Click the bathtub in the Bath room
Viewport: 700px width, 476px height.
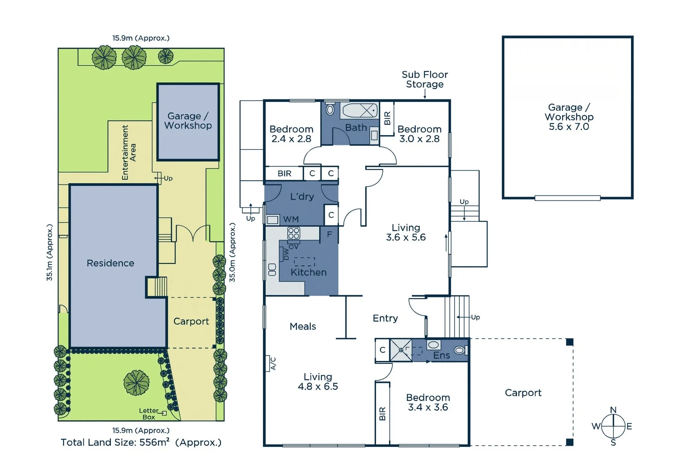point(360,110)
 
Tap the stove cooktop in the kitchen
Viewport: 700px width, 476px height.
point(294,233)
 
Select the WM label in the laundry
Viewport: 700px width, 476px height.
point(291,219)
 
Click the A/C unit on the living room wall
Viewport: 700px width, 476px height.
point(268,364)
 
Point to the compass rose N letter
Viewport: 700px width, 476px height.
point(613,410)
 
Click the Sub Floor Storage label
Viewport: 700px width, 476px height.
point(425,79)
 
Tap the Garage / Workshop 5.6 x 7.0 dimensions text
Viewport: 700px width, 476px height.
point(569,127)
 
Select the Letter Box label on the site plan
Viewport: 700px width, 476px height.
point(149,414)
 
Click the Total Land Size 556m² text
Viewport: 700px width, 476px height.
point(141,442)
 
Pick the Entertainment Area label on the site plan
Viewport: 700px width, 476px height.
point(129,152)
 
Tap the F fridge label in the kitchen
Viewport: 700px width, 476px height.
point(329,234)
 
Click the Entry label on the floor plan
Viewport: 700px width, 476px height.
point(385,318)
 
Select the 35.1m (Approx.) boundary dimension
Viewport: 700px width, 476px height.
point(49,252)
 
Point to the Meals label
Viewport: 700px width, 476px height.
point(303,326)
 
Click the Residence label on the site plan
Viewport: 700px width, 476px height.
point(110,263)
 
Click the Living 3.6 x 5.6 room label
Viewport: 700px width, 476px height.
point(406,233)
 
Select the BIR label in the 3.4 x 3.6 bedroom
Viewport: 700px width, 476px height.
point(382,414)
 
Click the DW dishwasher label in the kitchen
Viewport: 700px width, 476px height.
point(286,254)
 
